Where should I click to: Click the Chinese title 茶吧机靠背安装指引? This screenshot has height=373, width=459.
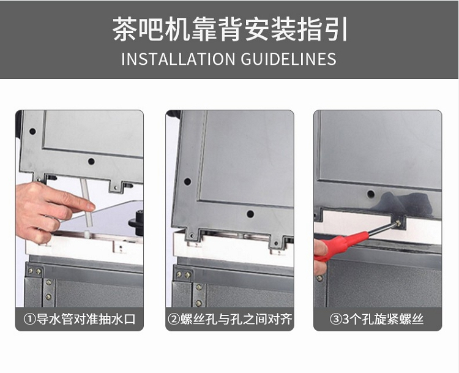click(x=229, y=29)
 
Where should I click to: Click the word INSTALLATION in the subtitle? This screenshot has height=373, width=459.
click(x=178, y=59)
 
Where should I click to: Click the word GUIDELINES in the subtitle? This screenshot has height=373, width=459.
click(x=289, y=59)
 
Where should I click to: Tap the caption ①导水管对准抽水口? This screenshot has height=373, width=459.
click(x=80, y=319)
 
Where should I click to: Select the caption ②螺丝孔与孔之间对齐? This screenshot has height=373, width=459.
click(x=229, y=319)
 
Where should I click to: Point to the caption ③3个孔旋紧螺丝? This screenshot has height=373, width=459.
click(x=376, y=319)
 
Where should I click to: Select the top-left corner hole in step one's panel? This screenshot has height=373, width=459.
click(x=32, y=131)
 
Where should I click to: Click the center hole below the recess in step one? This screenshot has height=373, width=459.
click(x=91, y=162)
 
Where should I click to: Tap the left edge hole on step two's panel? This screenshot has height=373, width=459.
click(x=187, y=181)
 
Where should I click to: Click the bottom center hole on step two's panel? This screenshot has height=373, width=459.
click(x=250, y=214)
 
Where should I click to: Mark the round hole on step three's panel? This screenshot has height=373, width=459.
click(x=371, y=194)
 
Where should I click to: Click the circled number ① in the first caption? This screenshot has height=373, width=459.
click(x=29, y=319)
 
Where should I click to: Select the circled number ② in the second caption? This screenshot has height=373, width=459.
click(x=174, y=319)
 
